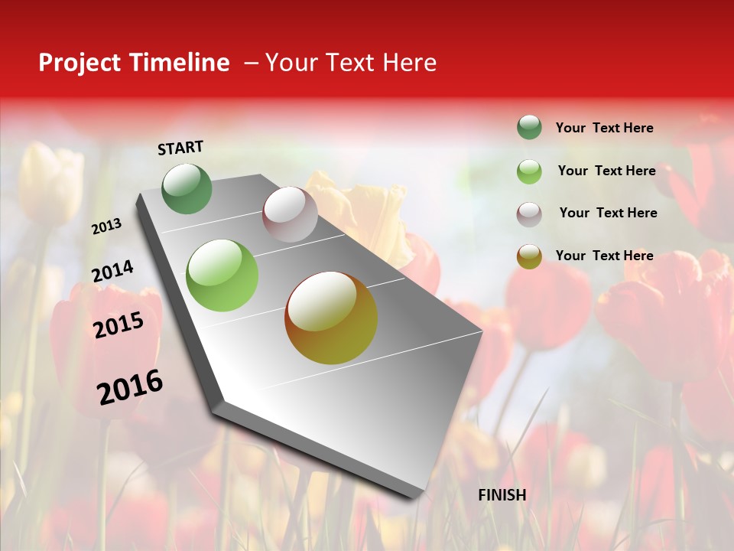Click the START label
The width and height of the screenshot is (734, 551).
click(180, 148)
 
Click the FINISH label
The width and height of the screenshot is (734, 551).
click(502, 495)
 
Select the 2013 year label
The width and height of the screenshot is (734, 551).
click(107, 227)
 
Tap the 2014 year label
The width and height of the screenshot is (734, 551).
click(112, 272)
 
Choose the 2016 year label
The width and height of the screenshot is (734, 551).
click(130, 386)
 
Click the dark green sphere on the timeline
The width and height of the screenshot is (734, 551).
click(187, 188)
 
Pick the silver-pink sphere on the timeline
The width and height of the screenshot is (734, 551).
click(290, 214)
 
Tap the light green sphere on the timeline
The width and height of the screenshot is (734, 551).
click(222, 275)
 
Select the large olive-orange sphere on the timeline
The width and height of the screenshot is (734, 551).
click(331, 318)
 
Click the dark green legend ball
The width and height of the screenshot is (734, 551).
click(529, 127)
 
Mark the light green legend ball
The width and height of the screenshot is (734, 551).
click(529, 171)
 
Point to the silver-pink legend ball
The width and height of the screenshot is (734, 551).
click(529, 214)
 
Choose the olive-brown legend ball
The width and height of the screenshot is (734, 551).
click(529, 256)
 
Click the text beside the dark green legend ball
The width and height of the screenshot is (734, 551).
click(604, 128)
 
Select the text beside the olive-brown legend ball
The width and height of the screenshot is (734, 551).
click(604, 256)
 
